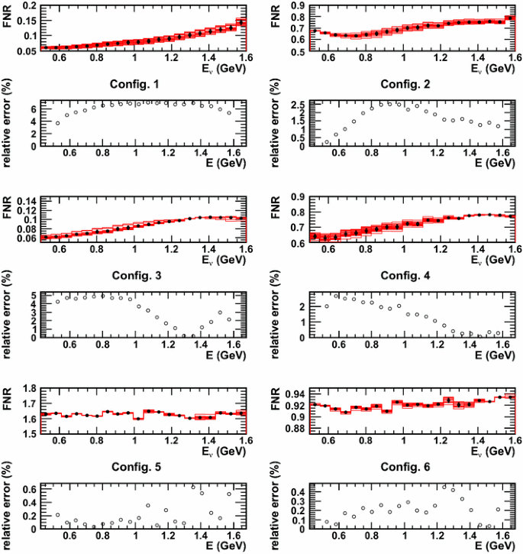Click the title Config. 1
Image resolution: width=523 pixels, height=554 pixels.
[x=136, y=83]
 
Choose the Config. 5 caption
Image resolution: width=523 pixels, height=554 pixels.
[x=136, y=467]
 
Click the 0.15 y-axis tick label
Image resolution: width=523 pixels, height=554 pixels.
[x=27, y=21]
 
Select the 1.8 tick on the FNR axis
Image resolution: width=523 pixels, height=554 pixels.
[x=31, y=390]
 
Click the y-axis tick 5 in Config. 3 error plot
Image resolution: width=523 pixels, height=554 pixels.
[x=34, y=295]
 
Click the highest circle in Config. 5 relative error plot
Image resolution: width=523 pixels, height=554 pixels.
[x=193, y=487]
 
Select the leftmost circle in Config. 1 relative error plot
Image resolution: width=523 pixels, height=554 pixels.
[x=58, y=123]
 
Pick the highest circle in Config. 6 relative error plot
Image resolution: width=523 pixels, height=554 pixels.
[x=444, y=487]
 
